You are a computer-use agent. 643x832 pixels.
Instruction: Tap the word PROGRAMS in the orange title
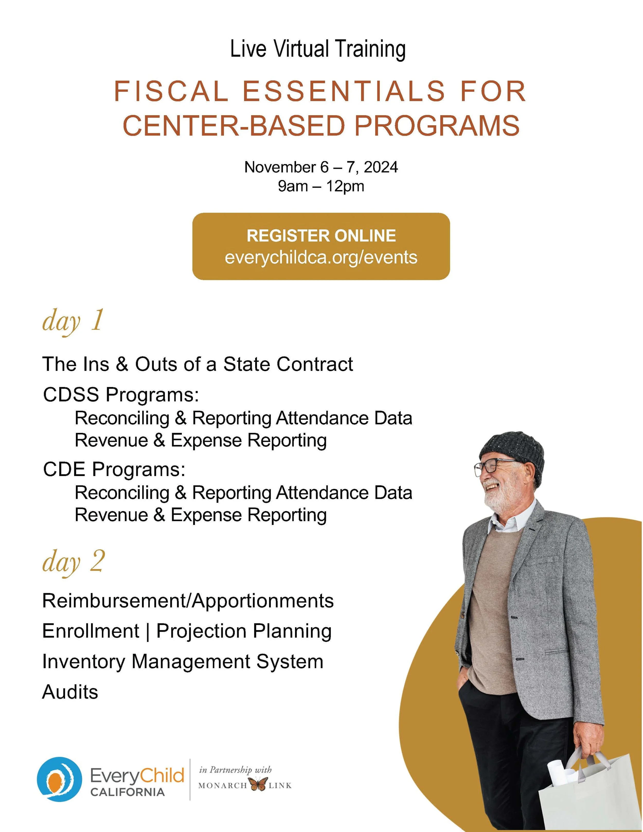coord(437,126)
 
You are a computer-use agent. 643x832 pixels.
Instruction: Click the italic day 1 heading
coord(72,321)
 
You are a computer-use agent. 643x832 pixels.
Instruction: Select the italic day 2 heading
coord(73,562)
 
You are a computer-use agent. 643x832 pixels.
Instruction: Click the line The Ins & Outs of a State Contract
coord(197,364)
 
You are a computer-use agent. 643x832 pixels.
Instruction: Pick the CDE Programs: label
coord(114,469)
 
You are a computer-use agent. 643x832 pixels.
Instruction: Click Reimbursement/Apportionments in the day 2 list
coord(188,601)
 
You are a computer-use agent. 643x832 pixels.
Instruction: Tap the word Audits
coord(70,692)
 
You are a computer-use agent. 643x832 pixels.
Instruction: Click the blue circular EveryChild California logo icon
coord(59,779)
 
